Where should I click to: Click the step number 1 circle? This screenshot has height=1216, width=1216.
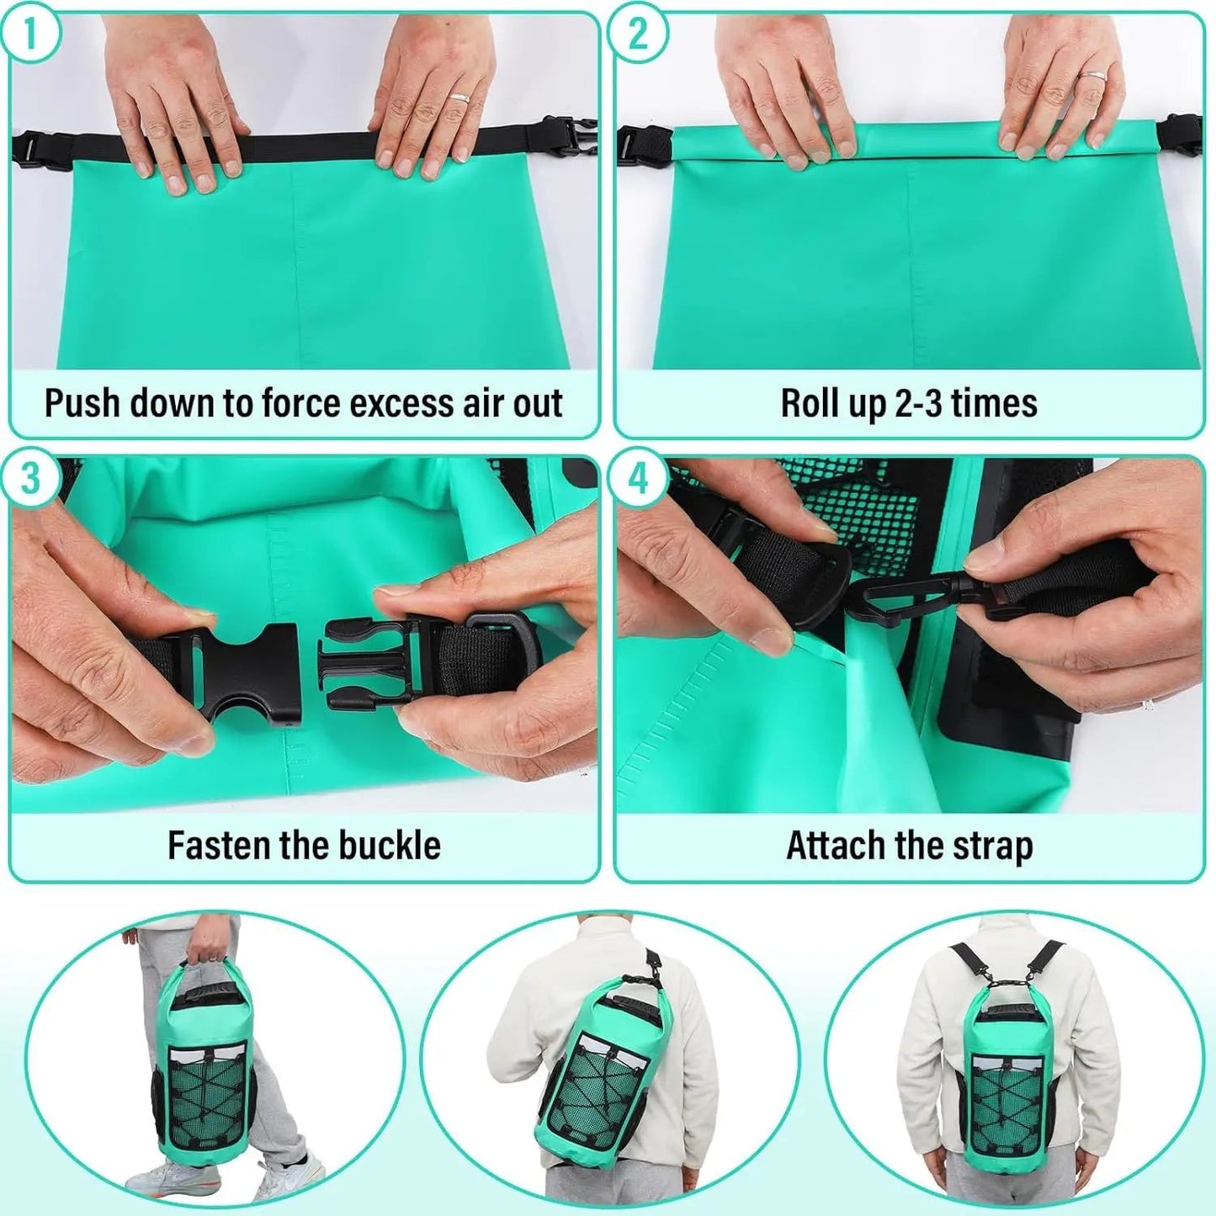coord(30,34)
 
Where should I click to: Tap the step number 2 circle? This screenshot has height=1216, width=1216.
coord(638,34)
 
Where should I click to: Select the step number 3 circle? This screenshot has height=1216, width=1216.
coord(30,479)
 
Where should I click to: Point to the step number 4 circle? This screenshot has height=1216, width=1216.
coord(638,479)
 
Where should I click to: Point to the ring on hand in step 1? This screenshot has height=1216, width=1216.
coord(459,98)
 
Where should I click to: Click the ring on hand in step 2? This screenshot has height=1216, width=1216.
coord(1092,76)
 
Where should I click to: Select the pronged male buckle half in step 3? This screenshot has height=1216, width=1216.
coord(370,661)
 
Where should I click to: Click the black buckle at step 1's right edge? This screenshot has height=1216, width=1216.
coord(577,136)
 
